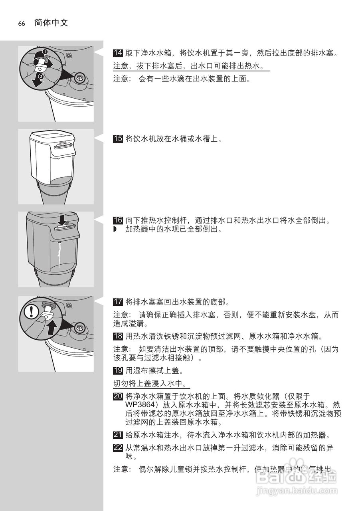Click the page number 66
22,24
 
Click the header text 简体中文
51,23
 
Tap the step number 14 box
118,53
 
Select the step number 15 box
118,139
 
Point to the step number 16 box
118,220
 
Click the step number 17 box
118,301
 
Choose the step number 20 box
118,396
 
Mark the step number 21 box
118,435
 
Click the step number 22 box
118,448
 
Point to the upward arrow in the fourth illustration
50,329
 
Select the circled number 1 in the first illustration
45,51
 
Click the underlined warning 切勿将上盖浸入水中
151,384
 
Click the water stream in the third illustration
59,255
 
